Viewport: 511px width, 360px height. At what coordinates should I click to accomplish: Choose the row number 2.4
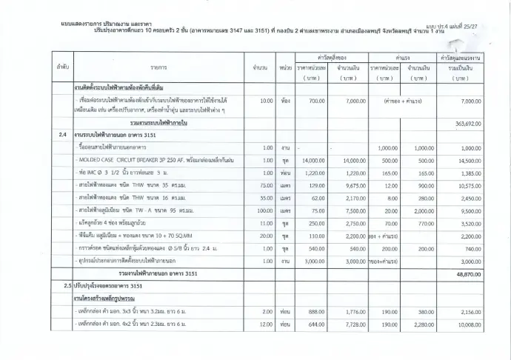(62, 136)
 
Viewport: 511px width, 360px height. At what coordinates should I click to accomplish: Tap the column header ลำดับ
(62, 67)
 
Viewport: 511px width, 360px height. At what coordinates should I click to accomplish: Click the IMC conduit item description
(126, 173)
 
